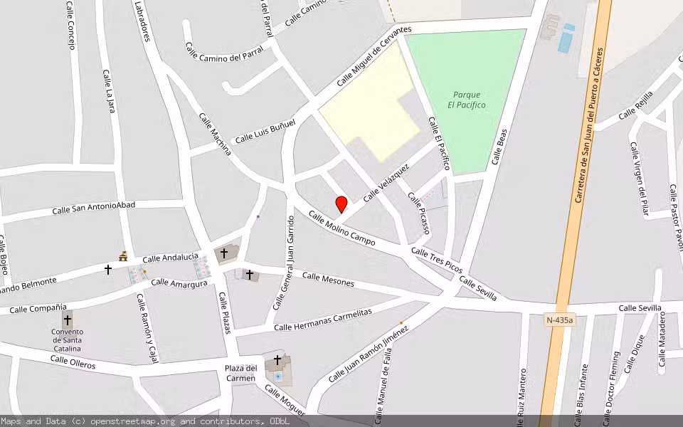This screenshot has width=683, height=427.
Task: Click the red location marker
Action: click(x=341, y=204)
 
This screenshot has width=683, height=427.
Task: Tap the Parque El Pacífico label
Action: click(x=467, y=100)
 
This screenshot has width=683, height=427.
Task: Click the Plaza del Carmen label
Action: click(x=240, y=373)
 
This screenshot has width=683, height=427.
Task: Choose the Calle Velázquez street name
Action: click(x=386, y=183)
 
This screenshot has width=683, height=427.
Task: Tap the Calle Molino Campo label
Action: click(x=341, y=228)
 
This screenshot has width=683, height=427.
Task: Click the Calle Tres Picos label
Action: click(x=437, y=261)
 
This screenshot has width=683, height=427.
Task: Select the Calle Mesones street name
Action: click(x=328, y=279)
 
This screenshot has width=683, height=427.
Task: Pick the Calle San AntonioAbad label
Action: click(x=94, y=208)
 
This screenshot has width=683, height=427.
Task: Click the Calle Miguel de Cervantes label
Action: click(x=374, y=56)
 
